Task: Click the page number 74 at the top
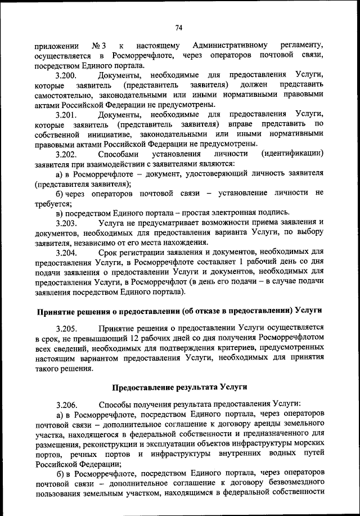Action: coord(179,27)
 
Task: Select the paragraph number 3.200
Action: coord(66,75)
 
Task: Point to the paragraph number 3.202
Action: coord(66,154)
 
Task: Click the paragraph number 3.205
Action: coord(66,327)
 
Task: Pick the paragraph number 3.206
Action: coord(66,404)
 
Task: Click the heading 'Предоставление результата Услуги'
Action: coord(179,387)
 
